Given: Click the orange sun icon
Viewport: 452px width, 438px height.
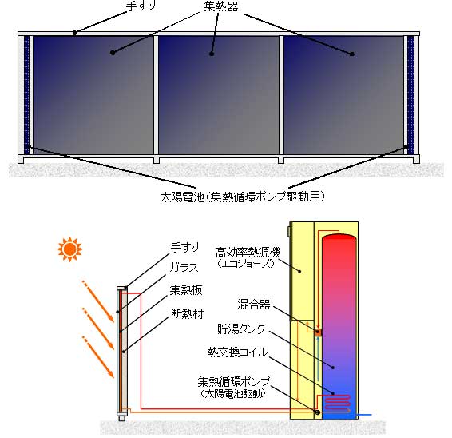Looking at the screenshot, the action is click(70, 249).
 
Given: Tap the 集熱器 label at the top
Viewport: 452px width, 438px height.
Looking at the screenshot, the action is click(221, 6).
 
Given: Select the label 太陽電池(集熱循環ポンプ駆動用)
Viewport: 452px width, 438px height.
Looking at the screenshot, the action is click(243, 197).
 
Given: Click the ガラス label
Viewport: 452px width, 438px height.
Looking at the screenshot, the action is click(184, 268).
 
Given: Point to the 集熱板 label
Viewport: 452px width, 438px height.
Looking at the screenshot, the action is click(186, 289).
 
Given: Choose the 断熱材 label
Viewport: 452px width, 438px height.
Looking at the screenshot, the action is click(188, 313).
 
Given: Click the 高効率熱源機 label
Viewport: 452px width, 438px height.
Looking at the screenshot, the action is click(248, 253).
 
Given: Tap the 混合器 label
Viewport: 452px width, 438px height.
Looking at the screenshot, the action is click(254, 305).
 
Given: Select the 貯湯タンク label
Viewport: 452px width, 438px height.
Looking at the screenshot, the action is click(241, 328).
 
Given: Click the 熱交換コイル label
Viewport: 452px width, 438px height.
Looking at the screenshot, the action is click(237, 352).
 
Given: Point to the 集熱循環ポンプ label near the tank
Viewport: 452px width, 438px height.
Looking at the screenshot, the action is click(234, 382).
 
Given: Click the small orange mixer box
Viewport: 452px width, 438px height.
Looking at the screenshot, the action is click(319, 332).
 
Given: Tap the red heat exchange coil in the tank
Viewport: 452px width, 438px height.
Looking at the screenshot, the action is click(337, 403).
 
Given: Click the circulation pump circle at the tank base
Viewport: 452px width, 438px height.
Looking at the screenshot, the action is click(318, 412).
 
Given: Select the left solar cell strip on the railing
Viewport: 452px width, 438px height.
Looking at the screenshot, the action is click(27, 95).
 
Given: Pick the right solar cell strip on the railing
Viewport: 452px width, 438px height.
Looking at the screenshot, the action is click(410, 95).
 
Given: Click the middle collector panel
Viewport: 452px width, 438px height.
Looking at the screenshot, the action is click(219, 95).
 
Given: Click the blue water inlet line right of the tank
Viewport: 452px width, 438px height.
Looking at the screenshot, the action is click(364, 415).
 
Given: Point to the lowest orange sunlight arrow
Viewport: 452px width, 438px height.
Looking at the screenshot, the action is click(98, 357).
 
